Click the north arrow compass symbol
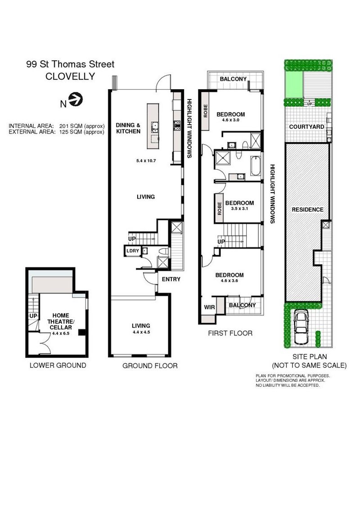[x=76, y=99]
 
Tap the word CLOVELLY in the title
[x=70, y=77]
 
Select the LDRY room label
[x=132, y=251]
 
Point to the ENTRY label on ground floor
[x=171, y=279]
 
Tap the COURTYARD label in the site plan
[x=306, y=127]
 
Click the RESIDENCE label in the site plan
[x=307, y=209]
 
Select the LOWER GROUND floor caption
[x=58, y=365]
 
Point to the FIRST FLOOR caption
[x=230, y=333]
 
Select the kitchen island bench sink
[x=154, y=127]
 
